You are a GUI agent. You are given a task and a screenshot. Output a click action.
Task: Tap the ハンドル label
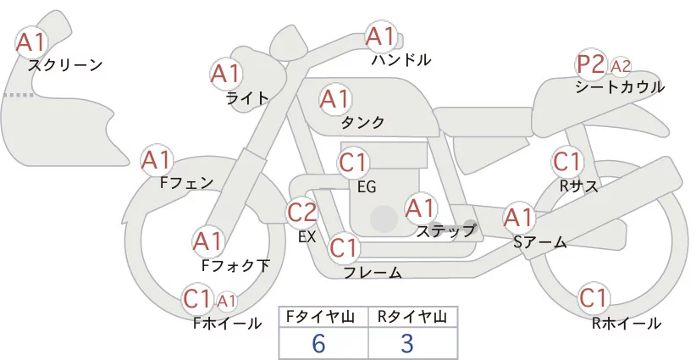(401, 60)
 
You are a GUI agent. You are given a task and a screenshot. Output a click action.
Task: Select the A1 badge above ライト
(225, 74)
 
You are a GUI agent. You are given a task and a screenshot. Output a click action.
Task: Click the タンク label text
(363, 123)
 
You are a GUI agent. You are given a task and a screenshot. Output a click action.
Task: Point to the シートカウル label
(620, 87)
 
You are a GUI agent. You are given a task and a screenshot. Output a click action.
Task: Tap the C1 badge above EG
(353, 162)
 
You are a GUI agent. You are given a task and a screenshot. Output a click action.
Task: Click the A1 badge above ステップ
(420, 207)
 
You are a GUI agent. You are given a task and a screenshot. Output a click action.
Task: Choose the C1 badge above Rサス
(566, 161)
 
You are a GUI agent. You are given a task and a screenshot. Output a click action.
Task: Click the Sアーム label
(539, 242)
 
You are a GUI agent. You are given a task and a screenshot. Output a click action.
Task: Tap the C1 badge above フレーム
(344, 249)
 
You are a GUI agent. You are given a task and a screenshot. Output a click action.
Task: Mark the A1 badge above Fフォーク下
(208, 241)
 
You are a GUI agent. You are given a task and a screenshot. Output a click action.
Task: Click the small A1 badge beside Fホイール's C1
(227, 300)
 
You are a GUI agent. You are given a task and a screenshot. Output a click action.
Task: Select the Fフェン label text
(186, 182)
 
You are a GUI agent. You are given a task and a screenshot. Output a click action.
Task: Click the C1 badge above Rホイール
(594, 298)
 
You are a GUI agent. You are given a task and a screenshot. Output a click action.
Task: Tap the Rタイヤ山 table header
(412, 317)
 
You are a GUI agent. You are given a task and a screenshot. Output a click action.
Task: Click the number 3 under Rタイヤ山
(407, 344)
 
